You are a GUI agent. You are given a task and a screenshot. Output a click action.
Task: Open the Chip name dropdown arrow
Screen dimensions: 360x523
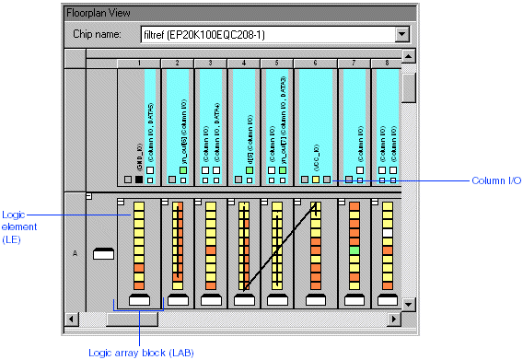click(x=401, y=35)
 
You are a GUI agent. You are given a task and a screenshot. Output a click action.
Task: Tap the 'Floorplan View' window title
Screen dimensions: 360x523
click(x=99, y=13)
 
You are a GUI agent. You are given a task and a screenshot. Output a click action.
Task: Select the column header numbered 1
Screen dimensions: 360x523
click(x=139, y=63)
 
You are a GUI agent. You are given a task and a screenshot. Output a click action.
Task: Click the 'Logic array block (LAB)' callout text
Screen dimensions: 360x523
click(x=141, y=352)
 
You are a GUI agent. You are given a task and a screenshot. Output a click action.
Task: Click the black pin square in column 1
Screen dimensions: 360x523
click(x=139, y=180)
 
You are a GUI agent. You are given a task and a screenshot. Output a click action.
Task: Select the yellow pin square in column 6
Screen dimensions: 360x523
click(x=315, y=180)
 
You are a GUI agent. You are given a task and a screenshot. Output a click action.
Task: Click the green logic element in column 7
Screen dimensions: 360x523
click(x=354, y=250)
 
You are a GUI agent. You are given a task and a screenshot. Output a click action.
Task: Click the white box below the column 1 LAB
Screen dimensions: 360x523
click(x=139, y=300)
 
